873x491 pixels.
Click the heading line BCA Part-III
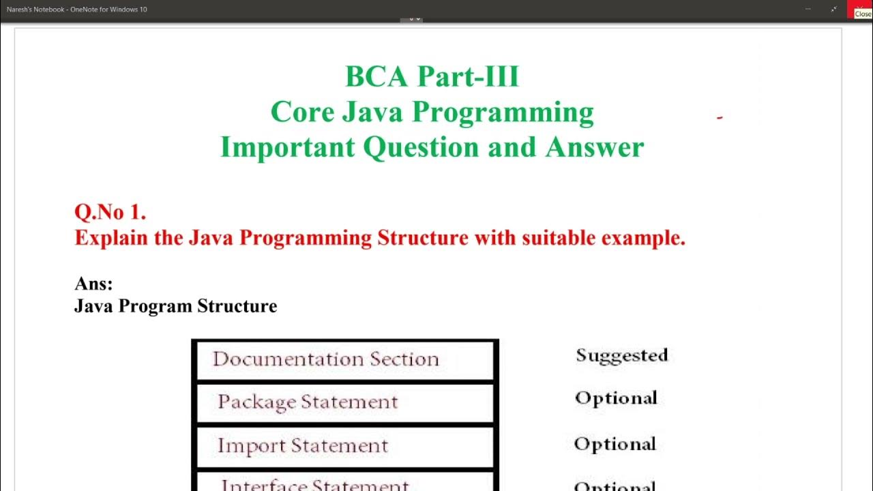tap(432, 76)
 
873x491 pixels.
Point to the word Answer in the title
tap(594, 147)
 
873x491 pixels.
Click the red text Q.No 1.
tap(110, 212)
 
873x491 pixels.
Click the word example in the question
tap(642, 238)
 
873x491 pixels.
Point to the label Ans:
tap(93, 284)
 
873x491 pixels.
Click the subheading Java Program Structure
tap(175, 306)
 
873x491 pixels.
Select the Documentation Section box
tap(345, 360)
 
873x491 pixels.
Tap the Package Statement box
tap(345, 402)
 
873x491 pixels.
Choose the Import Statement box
tap(345, 446)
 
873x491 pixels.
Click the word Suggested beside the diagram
tap(621, 355)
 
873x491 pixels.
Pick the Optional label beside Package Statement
tap(616, 398)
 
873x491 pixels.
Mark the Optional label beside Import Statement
tap(615, 444)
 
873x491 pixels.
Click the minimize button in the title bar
tap(808, 10)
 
